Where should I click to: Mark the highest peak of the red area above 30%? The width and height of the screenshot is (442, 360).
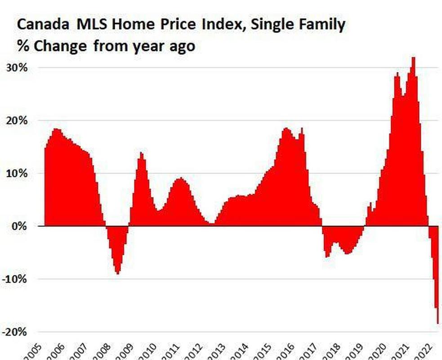coord(413,58)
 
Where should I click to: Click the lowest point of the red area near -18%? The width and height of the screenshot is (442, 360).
coord(438,323)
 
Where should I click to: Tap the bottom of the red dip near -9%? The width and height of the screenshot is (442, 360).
coord(117,273)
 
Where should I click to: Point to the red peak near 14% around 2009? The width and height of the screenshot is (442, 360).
coord(141,153)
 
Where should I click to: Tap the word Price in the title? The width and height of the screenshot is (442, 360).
coord(178,25)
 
